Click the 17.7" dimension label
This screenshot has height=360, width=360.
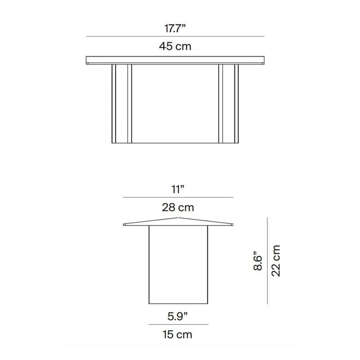[175, 28]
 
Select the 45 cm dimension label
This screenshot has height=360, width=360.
[175, 46]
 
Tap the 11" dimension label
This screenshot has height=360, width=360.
[178, 189]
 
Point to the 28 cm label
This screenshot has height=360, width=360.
[178, 207]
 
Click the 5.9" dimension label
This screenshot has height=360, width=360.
[177, 316]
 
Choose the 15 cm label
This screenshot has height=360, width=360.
[177, 334]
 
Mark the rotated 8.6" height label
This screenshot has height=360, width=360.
[258, 261]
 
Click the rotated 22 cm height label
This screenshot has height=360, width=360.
[276, 261]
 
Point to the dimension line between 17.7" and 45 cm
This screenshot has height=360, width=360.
[175, 36]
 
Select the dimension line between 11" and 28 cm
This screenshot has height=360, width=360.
[178, 197]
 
